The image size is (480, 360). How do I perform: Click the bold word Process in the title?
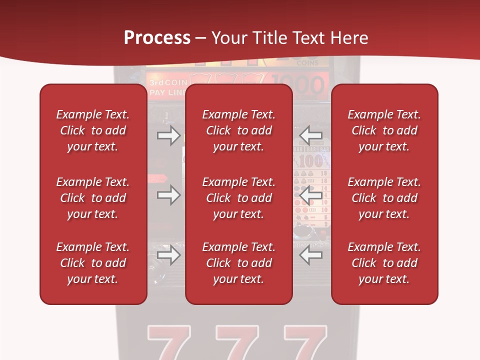157,38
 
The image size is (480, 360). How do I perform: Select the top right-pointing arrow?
168,135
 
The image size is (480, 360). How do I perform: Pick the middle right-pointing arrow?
168,195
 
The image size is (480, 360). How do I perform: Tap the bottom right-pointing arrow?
168,255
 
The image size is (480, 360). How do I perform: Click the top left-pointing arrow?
311,135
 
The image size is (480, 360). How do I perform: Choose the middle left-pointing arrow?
311,195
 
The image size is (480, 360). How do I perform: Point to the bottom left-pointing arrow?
311,255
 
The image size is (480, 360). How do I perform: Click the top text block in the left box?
93,130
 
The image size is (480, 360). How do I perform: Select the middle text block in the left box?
93,198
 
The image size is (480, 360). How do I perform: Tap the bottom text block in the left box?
93,263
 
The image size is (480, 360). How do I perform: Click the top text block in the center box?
239,130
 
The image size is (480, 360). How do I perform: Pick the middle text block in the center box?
239,198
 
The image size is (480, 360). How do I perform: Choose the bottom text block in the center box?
239,263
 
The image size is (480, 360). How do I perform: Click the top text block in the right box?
384,130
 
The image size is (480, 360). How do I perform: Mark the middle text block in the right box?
384,198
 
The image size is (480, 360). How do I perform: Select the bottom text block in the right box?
384,263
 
